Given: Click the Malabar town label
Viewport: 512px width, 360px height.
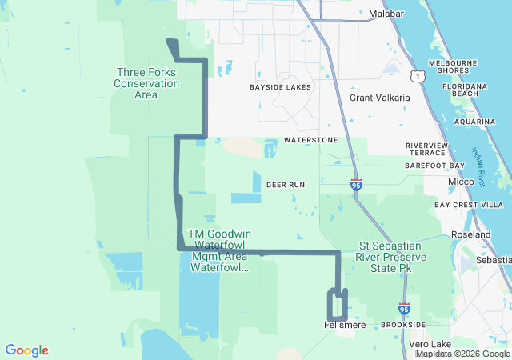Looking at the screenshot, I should (x=387, y=14).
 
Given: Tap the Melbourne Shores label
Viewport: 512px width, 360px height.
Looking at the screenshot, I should (x=453, y=66).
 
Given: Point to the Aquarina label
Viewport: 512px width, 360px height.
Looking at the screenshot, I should (x=476, y=122).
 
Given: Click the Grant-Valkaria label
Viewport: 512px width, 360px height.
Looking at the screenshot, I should (x=380, y=98).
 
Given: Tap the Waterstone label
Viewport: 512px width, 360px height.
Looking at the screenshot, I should (x=311, y=140).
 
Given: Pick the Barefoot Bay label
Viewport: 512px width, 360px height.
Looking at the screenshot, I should (x=434, y=166).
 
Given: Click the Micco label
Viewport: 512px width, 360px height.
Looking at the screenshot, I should (x=461, y=182).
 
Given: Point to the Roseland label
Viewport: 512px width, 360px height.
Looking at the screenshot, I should (x=471, y=235).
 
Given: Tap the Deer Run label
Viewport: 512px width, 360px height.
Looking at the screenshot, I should (x=286, y=185).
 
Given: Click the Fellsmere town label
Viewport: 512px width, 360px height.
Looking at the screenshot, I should (x=345, y=325).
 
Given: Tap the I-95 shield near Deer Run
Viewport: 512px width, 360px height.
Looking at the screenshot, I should (x=356, y=185).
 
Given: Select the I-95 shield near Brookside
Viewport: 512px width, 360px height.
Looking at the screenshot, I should (x=404, y=308).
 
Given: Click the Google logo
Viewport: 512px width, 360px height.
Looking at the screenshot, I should (x=26, y=350).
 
